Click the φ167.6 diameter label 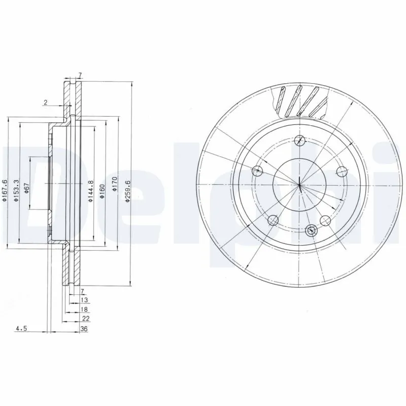[x=5, y=190]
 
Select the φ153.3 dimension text [x=16, y=190]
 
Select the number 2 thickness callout [x=45, y=103]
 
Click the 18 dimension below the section [x=84, y=309]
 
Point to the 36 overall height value [x=84, y=329]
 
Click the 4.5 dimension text [x=21, y=329]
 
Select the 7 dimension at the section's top [x=80, y=75]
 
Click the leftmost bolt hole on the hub [x=258, y=171]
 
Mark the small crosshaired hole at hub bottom [x=311, y=230]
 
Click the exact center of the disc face [x=300, y=184]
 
